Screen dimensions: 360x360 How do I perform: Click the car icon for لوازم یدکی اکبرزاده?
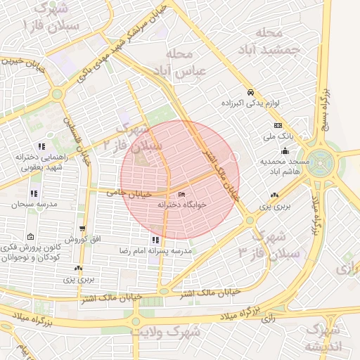pyautogui.click(x=250, y=93)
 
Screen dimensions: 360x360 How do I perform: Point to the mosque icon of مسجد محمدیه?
pyautogui.click(x=285, y=150)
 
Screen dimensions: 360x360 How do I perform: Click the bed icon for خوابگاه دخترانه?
pyautogui.click(x=183, y=195)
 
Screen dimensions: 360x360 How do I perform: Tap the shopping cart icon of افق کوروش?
pyautogui.click(x=84, y=229)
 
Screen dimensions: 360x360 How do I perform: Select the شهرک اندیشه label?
pyautogui.click(x=322, y=337)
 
